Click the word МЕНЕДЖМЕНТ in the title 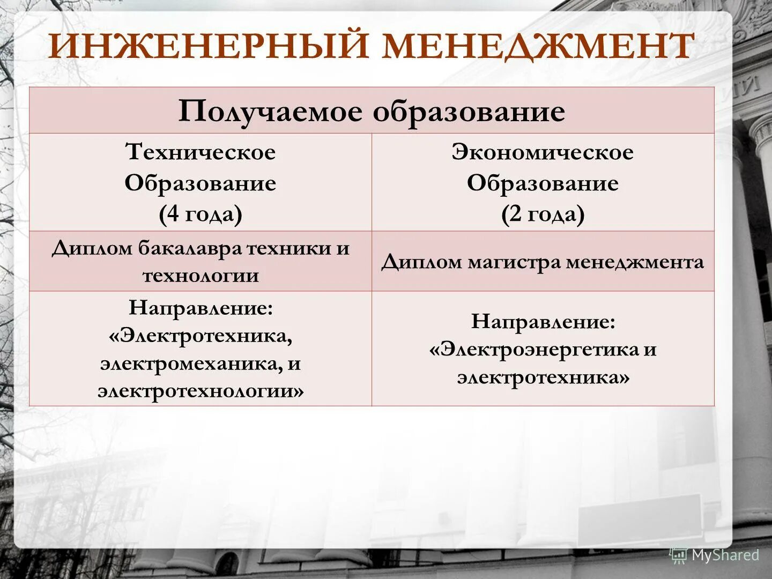538,46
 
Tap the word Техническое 201,152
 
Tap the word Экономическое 543,152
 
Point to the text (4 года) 201,214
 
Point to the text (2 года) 543,214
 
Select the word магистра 515,263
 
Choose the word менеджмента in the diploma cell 635,263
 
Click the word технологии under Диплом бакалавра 201,276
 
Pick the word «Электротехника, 201,336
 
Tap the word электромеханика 191,364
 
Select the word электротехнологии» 201,391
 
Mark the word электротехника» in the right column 543,378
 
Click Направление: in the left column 201,308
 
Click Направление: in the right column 543,322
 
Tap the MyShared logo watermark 715,555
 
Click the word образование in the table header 469,112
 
